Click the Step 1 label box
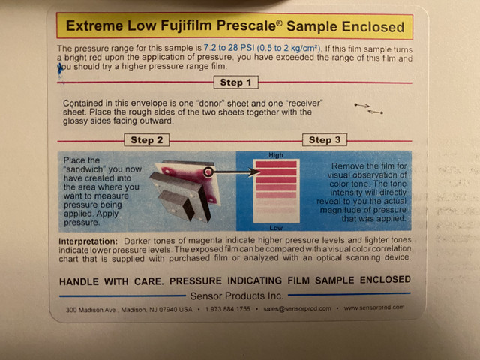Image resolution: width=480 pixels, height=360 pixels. (x=236, y=82)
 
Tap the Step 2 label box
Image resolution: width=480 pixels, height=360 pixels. (x=147, y=140)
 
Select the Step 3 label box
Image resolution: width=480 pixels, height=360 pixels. (x=325, y=140)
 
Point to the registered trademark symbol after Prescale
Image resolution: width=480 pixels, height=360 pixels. (x=279, y=22)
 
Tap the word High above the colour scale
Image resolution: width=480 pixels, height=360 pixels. (x=276, y=155)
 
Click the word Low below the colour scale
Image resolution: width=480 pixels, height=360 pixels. (x=276, y=228)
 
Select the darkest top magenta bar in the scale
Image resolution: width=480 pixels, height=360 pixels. (x=276, y=164)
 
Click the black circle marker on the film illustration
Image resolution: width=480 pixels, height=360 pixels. (x=208, y=172)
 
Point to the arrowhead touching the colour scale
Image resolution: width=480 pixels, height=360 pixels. (x=255, y=172)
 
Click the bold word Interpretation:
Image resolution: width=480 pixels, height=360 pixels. (x=88, y=241)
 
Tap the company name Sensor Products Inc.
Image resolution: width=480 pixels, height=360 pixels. (x=237, y=295)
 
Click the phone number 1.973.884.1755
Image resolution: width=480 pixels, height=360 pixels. (x=228, y=309)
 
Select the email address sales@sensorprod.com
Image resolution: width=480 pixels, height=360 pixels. (x=297, y=308)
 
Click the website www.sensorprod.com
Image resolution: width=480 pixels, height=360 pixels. (x=374, y=307)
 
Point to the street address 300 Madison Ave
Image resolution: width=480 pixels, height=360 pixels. (x=91, y=310)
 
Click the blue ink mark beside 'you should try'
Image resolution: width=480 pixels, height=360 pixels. (x=60, y=69)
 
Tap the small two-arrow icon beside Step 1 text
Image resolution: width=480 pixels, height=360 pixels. (x=368, y=109)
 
